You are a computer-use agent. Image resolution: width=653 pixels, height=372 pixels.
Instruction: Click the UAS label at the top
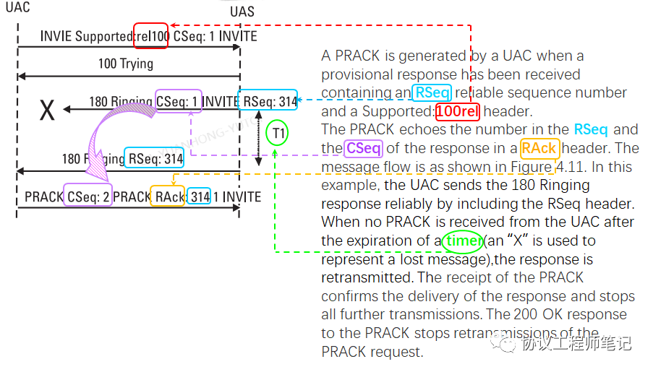[242, 12]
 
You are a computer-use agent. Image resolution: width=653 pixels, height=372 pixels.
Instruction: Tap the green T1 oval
[276, 133]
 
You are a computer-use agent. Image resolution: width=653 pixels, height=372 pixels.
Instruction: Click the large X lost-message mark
[47, 111]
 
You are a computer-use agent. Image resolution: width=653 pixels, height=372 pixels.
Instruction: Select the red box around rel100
[150, 35]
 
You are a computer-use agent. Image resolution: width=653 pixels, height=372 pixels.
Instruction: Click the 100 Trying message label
[126, 64]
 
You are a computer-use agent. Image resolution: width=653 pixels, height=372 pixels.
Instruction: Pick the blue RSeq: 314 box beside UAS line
[269, 102]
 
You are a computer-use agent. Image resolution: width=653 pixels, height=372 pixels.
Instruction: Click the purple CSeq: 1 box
[179, 102]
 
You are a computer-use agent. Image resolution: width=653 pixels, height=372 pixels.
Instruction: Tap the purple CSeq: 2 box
[88, 196]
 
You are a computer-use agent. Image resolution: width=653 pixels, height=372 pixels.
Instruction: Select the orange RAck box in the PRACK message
[167, 196]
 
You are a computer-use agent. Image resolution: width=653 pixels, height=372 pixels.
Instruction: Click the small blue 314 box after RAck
[199, 196]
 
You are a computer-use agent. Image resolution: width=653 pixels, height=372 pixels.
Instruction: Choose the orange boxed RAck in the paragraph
[539, 148]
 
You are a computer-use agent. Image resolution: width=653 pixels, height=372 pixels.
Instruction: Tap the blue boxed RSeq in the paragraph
[432, 92]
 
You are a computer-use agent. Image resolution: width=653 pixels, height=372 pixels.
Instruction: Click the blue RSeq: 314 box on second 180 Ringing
[154, 158]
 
